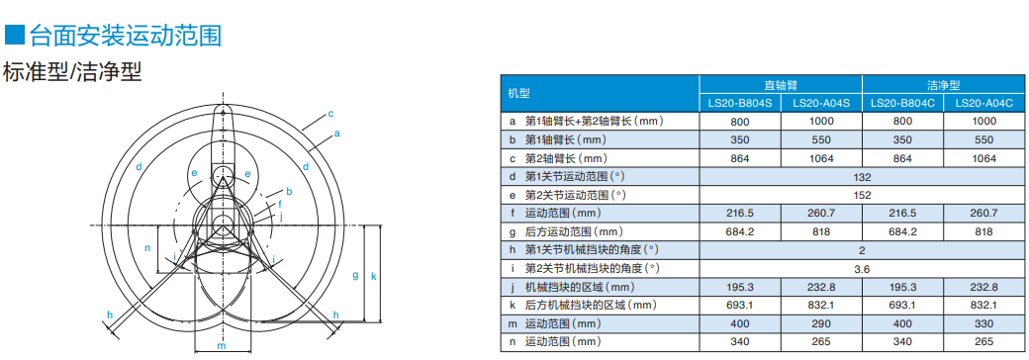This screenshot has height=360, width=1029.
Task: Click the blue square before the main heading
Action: (14, 37)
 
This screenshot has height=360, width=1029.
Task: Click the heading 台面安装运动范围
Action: (125, 37)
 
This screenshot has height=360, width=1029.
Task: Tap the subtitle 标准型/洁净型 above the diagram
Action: (73, 73)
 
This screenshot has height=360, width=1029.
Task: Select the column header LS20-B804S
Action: (740, 103)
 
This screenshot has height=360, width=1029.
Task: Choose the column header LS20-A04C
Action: (983, 103)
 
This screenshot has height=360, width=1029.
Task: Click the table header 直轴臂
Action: (781, 85)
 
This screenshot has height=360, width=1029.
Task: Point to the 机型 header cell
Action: (519, 94)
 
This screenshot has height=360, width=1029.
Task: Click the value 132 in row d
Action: (862, 176)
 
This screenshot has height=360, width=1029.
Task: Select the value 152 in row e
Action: (862, 195)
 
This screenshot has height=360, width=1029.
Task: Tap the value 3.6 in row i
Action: (862, 268)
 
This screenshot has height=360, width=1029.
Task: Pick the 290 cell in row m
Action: (821, 323)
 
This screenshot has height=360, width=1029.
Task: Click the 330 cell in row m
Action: (983, 323)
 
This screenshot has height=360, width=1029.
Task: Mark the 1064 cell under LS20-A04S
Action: (821, 158)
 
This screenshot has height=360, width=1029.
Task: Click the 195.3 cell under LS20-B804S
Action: (740, 287)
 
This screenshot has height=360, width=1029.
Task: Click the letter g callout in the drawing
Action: (354, 275)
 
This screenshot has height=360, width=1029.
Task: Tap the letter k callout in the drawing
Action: (373, 276)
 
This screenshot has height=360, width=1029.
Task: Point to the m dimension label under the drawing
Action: (222, 347)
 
